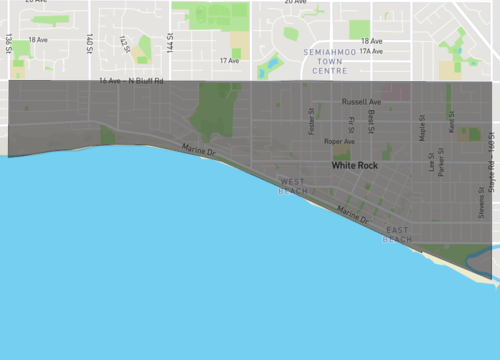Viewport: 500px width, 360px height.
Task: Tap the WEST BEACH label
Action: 293,185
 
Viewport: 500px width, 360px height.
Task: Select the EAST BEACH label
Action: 397,235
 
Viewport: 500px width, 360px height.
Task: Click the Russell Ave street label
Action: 361,102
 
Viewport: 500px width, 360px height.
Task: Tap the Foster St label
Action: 312,122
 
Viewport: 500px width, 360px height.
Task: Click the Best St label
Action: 371,121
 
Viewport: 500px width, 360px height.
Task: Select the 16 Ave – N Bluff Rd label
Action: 130,80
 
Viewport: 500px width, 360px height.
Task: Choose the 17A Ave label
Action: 371,50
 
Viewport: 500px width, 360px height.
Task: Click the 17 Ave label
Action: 229,61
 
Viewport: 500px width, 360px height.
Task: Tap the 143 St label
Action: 124,43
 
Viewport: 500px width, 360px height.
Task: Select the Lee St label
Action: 432,161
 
